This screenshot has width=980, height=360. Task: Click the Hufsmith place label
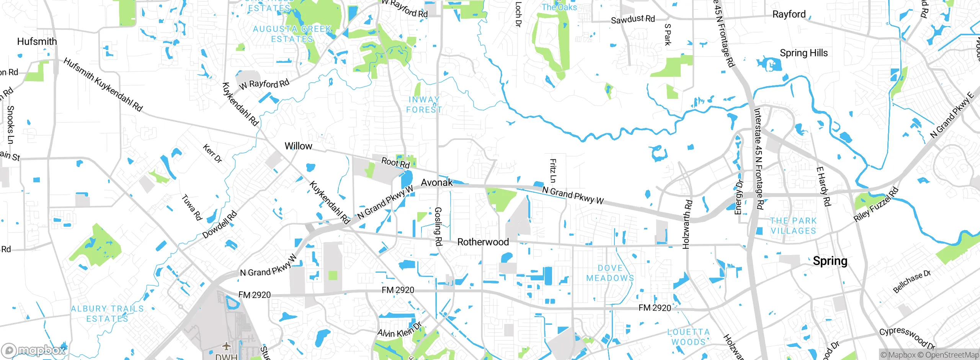point(37,41)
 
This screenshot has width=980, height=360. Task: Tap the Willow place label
point(298,146)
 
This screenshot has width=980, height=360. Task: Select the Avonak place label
point(437,182)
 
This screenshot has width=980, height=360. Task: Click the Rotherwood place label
point(483,242)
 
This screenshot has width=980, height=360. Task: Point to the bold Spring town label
point(830,261)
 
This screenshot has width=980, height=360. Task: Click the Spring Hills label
point(804,53)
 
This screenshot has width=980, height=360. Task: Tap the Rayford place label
point(789,14)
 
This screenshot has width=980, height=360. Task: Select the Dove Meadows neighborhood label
point(610,273)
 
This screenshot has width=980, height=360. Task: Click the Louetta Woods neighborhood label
point(688,337)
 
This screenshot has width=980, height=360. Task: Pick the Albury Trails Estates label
point(107,313)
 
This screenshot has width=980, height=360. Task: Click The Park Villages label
point(793,226)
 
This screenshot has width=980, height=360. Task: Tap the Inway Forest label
point(424,105)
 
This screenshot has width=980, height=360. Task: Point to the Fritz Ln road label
point(553,171)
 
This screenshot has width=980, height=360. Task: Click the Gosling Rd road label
point(438,226)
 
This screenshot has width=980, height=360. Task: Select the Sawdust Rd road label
point(632,19)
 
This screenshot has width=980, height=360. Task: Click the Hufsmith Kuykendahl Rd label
point(103,85)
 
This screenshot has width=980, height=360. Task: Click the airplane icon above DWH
point(227,346)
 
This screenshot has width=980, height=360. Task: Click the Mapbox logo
point(34,350)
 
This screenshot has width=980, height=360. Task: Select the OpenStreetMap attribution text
point(952,355)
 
